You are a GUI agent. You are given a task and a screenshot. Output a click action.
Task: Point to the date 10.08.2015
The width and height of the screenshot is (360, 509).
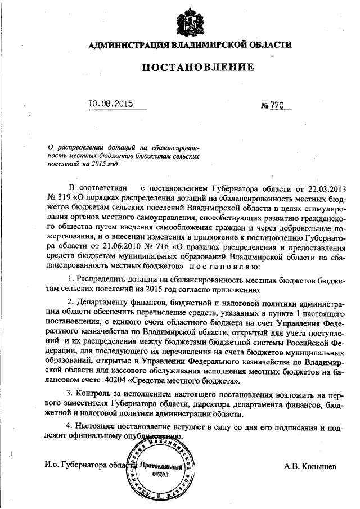[x=111, y=104]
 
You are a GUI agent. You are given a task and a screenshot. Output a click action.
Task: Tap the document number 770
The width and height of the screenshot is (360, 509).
[x=278, y=105]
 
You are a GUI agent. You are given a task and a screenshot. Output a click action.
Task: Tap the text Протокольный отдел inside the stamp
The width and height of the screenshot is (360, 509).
[x=163, y=470]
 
